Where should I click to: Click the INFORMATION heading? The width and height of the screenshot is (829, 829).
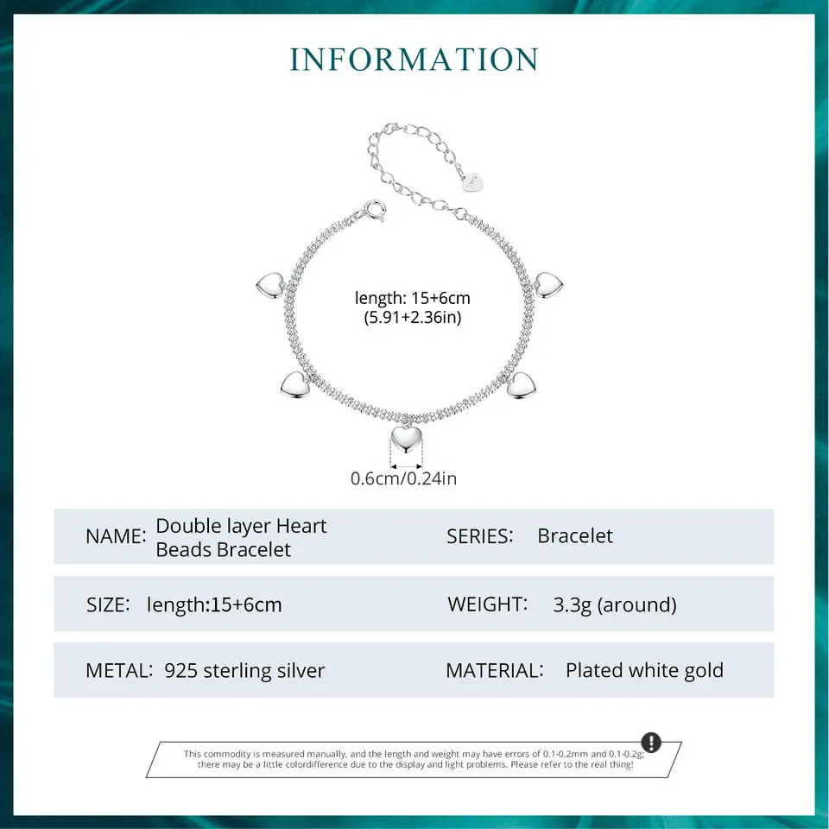tap(414, 60)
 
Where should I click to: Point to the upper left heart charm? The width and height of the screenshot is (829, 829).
tap(269, 283)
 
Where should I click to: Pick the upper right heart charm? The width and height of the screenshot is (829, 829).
tap(548, 285)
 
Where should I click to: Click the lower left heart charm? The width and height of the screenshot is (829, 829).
tap(294, 384)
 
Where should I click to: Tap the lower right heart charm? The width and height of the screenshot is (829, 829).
tap(522, 385)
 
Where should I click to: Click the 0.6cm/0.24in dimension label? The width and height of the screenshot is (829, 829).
tap(403, 478)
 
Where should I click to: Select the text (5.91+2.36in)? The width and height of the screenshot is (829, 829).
tap(413, 318)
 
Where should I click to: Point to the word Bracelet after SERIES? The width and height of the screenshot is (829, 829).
tap(575, 535)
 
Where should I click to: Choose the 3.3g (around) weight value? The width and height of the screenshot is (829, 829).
tap(615, 604)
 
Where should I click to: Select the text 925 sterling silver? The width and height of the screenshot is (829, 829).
tap(244, 670)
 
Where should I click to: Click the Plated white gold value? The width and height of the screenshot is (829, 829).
tap(644, 670)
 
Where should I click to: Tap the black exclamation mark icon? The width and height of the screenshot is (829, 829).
tap(651, 743)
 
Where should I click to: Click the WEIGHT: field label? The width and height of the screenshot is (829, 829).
tap(487, 604)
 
